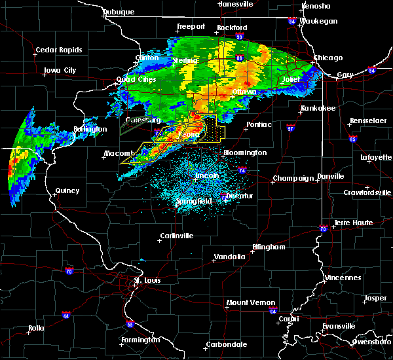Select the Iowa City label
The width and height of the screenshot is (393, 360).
click(x=60, y=70)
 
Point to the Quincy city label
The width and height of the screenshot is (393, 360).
click(x=67, y=191)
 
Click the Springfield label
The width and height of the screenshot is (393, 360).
click(x=194, y=202)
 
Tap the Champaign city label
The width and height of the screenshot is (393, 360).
click(x=290, y=178)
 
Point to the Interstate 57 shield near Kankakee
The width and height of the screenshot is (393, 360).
click(x=289, y=129)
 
